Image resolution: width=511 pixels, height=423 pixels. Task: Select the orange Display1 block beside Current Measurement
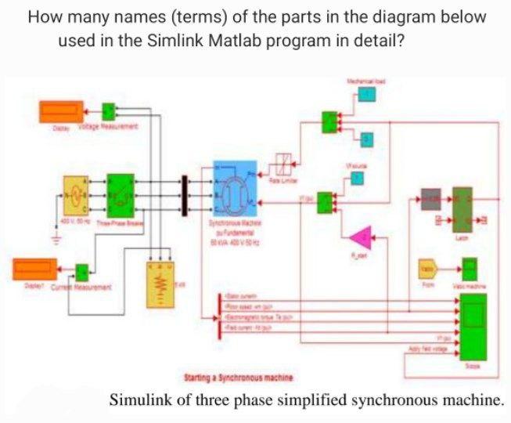coord(35,269)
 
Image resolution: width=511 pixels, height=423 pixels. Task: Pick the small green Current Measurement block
coord(82,272)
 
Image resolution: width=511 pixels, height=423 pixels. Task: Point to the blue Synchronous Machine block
coord(234,189)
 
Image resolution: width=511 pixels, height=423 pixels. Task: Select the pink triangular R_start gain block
coord(361,236)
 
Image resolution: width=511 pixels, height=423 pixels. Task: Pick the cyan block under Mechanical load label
coord(366,94)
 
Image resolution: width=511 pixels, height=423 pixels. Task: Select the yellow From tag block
coord(427,268)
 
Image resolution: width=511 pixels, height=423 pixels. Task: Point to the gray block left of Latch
coord(430,200)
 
